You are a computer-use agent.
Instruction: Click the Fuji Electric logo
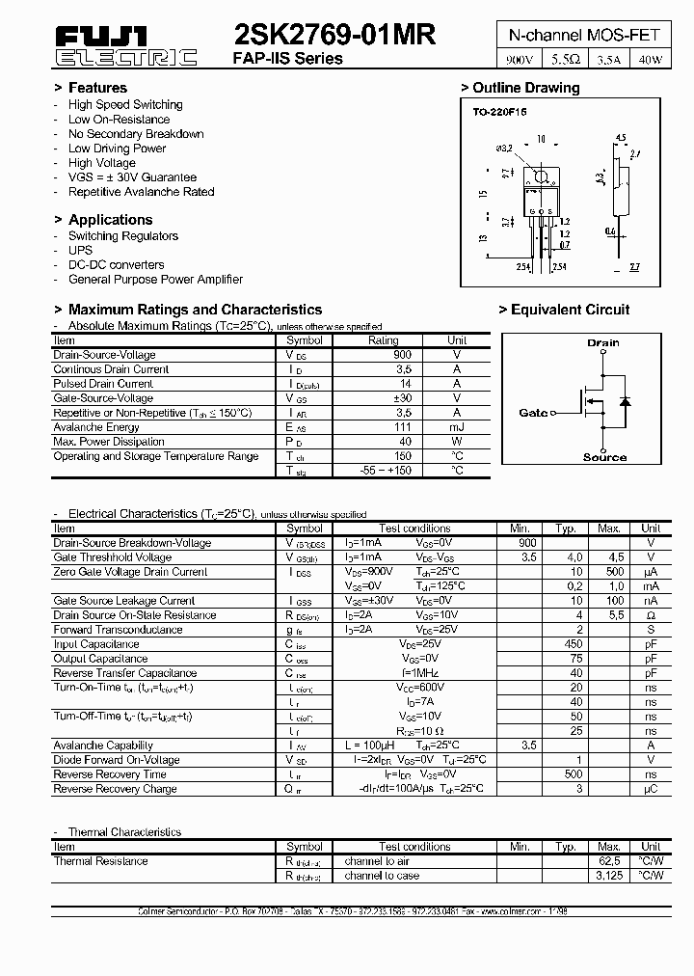(x=126, y=45)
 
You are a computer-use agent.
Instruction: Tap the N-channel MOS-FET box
(x=584, y=35)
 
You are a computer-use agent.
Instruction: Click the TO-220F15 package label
(x=499, y=112)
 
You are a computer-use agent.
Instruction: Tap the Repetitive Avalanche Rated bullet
(x=141, y=192)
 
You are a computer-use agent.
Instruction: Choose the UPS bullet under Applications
(x=80, y=250)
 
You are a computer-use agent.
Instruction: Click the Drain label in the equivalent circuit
(x=603, y=342)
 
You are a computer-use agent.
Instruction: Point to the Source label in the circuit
(x=604, y=457)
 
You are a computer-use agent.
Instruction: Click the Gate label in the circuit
(x=533, y=413)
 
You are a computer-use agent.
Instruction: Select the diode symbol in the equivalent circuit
(x=624, y=400)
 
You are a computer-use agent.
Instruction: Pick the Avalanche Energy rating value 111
(x=383, y=427)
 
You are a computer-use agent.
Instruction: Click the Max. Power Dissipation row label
(x=109, y=442)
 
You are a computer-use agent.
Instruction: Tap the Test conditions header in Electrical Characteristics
(x=414, y=529)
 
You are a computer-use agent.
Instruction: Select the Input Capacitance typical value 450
(x=574, y=644)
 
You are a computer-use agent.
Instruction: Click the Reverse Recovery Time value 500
(x=574, y=774)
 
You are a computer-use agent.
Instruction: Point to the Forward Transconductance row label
(x=118, y=630)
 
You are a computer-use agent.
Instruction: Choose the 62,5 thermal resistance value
(x=608, y=861)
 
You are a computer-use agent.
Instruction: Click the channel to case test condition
(x=382, y=876)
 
